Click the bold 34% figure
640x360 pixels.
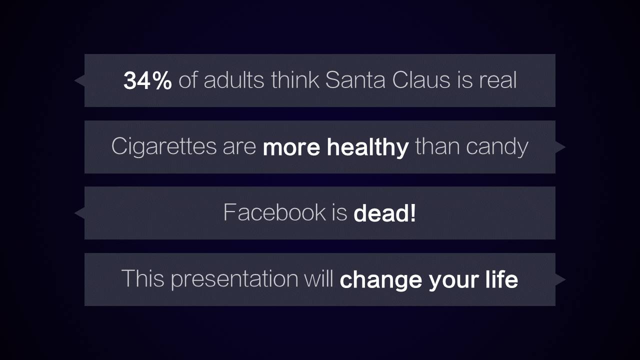(x=147, y=80)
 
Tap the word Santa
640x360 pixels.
(x=355, y=80)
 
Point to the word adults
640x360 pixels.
(x=234, y=80)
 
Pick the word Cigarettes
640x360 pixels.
(x=163, y=146)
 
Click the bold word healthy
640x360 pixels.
(x=367, y=147)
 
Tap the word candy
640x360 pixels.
(x=497, y=147)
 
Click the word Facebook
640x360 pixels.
(x=274, y=212)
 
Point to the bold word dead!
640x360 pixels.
(x=384, y=213)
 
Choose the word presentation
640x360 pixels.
(x=234, y=279)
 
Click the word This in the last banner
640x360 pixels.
(x=143, y=278)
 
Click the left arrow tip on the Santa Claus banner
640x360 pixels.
(x=74, y=80)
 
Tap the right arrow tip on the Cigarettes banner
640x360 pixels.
(x=565, y=147)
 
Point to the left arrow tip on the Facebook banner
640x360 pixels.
(x=74, y=213)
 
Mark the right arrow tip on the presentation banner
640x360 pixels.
(x=565, y=279)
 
